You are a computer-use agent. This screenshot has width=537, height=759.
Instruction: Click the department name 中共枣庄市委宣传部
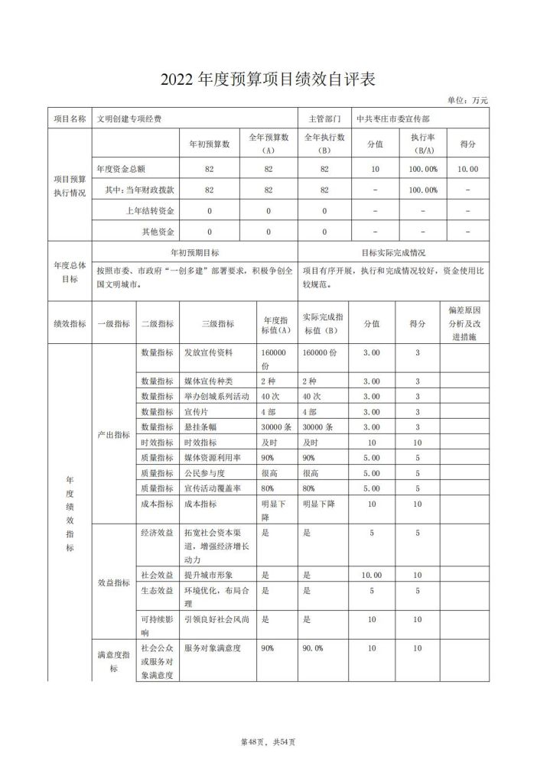(392, 119)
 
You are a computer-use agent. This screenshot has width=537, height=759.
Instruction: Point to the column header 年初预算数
(210, 144)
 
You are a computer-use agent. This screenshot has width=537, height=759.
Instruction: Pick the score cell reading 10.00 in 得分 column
(467, 169)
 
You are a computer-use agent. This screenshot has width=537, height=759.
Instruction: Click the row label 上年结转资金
(151, 210)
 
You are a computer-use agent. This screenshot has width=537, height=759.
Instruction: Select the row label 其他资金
(158, 231)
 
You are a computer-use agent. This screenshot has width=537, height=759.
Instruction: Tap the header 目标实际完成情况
(393, 251)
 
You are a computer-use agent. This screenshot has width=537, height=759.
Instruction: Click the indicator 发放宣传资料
(208, 353)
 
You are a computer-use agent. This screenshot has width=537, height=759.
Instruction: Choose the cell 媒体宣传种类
(208, 381)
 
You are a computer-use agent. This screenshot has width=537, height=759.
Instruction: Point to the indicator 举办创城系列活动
(216, 396)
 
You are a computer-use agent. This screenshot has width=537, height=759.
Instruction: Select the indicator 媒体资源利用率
(213, 458)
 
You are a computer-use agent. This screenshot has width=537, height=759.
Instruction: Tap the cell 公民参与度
(203, 473)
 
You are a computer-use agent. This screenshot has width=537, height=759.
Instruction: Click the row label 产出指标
(113, 433)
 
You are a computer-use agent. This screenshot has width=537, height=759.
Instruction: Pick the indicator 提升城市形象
(208, 574)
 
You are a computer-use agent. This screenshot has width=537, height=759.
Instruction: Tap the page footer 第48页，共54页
(268, 741)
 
